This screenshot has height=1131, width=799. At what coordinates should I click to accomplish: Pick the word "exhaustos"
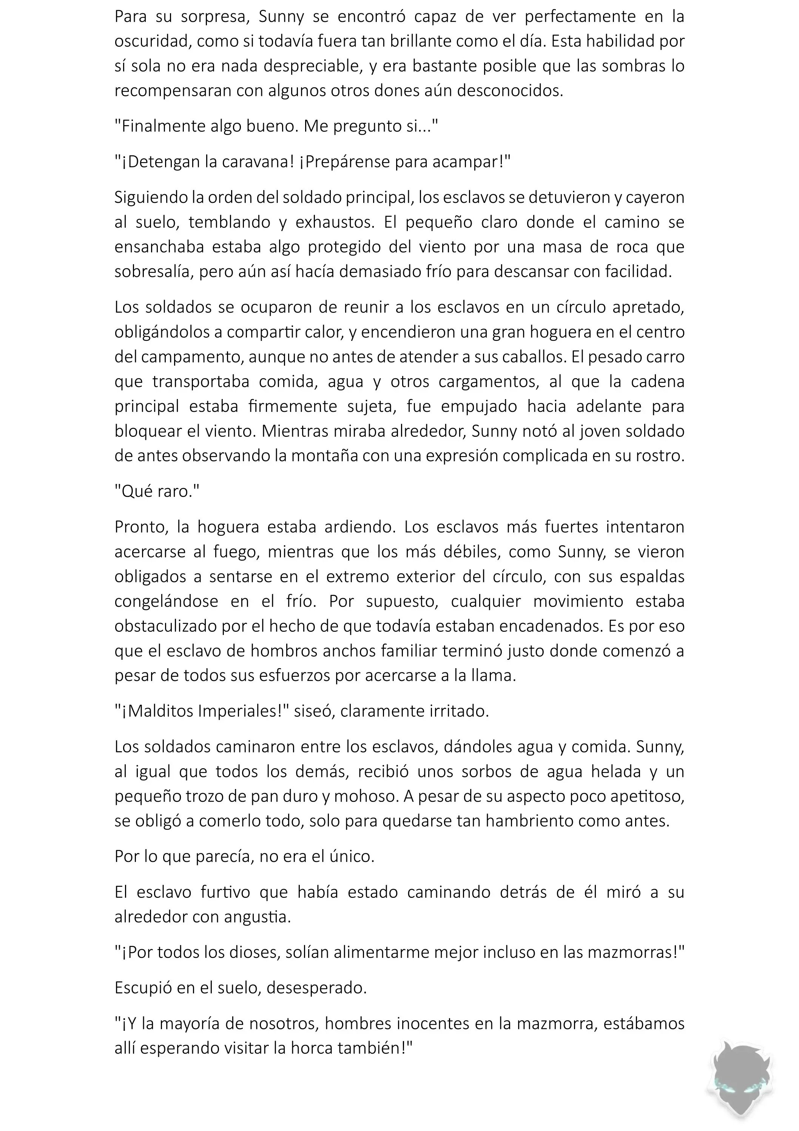coord(335,222)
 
